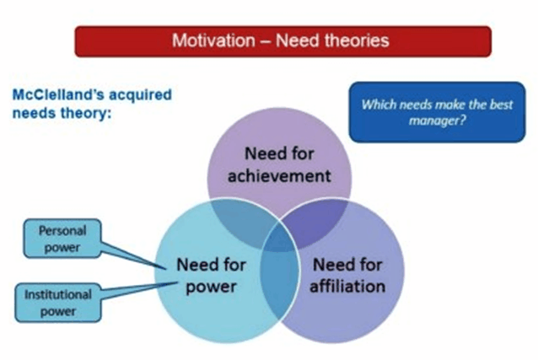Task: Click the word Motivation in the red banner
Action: click(213, 40)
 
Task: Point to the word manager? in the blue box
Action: click(438, 121)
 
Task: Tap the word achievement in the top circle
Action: click(279, 175)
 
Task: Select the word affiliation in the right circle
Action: click(347, 286)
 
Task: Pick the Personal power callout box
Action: click(62, 239)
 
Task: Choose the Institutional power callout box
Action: click(57, 303)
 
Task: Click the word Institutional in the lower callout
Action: click(57, 294)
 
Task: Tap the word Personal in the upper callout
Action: click(62, 230)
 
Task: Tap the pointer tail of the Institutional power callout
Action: click(139, 289)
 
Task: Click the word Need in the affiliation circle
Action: click(330, 265)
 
